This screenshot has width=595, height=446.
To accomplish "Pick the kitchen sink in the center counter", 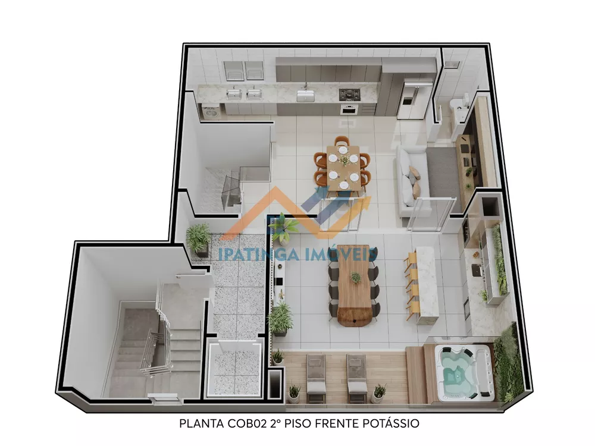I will point(306,94).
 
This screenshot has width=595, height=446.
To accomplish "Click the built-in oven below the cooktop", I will point(348,109).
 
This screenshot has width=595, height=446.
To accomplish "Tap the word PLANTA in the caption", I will point(198,424).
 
